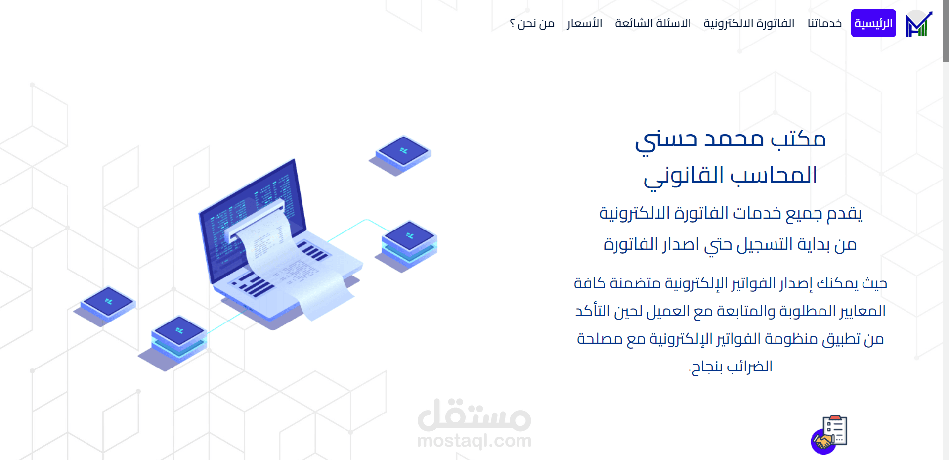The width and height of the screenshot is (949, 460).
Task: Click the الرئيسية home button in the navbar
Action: pos(873,23)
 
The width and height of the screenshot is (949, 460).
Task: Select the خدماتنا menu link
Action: pos(824,23)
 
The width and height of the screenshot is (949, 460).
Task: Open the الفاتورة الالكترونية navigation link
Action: pos(749,23)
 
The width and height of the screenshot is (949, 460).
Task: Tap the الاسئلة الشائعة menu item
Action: pos(652,23)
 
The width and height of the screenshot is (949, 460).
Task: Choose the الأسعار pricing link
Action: pos(584,23)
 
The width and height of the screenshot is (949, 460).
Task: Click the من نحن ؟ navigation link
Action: pos(532,23)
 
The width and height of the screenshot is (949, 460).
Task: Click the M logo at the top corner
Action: pos(918,24)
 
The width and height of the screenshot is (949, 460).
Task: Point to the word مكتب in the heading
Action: pos(798,139)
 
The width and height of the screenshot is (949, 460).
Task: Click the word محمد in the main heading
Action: pos(734,139)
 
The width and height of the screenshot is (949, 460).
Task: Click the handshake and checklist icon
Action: pos(829,434)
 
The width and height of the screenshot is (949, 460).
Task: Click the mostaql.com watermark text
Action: pos(474,440)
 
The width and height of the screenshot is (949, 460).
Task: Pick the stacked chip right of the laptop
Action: pos(409,242)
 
